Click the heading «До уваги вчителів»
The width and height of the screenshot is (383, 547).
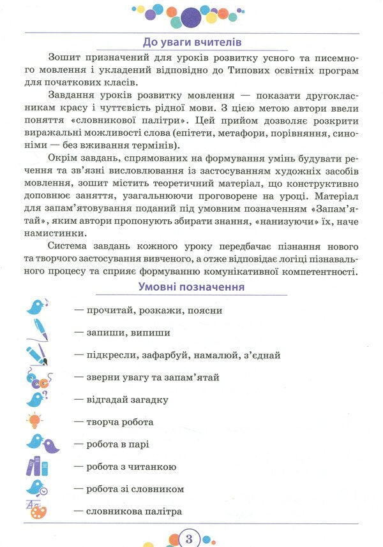click(191, 43)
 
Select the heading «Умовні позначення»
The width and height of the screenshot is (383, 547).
click(191, 287)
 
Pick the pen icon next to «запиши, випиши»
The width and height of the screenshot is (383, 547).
click(37, 330)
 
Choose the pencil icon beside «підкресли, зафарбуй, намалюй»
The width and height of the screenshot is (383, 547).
click(37, 354)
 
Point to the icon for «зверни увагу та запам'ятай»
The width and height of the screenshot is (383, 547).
click(37, 377)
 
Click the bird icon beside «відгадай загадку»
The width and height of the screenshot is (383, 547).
click(36, 399)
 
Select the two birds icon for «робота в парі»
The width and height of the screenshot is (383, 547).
click(41, 443)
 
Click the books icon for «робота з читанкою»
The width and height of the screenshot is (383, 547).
click(37, 467)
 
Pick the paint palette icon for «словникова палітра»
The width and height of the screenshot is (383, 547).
click(37, 510)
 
